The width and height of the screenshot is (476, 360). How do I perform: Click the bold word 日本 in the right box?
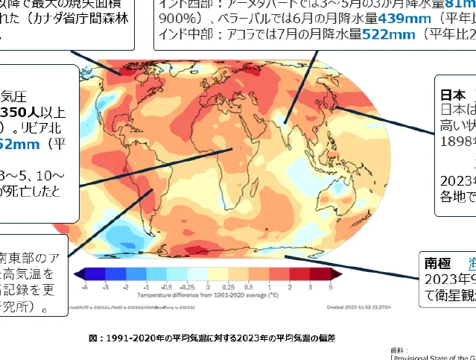(x=453, y=95)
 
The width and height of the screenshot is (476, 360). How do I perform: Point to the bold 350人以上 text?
(x=33, y=113)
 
